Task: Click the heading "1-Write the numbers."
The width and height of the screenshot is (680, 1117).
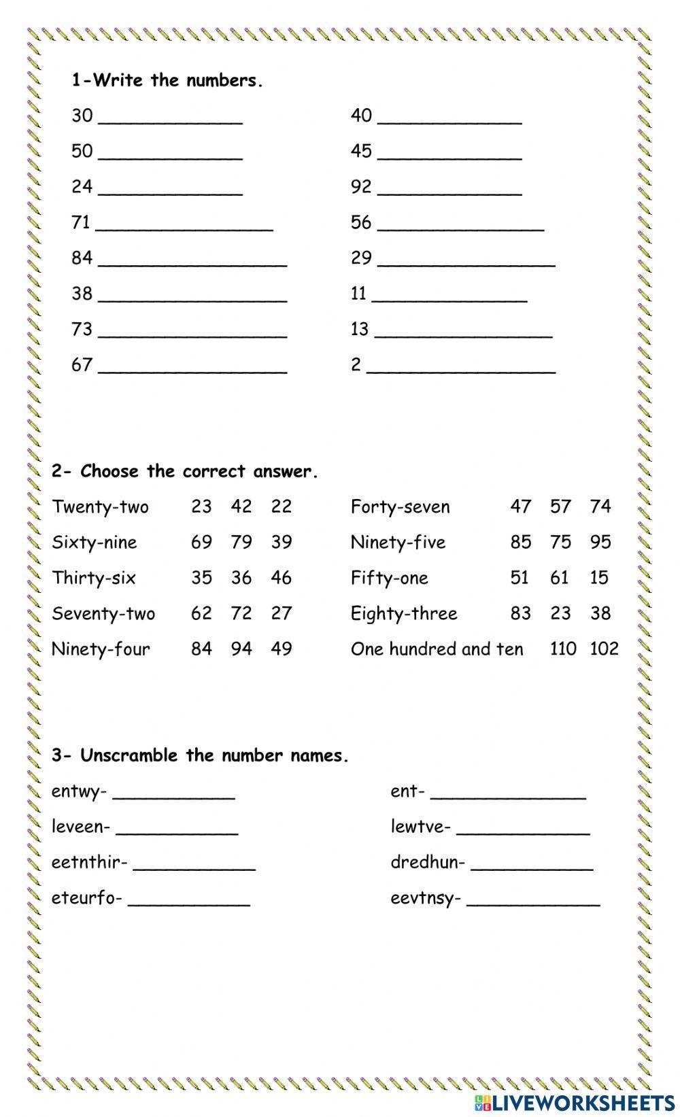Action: (x=167, y=81)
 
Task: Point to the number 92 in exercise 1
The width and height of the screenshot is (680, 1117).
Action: (x=361, y=186)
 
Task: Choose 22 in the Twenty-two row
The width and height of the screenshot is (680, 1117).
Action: (x=281, y=506)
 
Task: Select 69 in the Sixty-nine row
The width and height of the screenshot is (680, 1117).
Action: (x=201, y=542)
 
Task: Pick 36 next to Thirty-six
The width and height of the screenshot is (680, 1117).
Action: (x=241, y=578)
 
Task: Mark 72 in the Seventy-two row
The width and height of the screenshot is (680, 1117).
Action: (x=241, y=613)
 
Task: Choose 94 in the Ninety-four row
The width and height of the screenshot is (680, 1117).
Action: (x=241, y=649)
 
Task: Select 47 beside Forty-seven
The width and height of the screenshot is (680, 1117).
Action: (x=520, y=506)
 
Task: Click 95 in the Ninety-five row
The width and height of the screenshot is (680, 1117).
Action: (x=600, y=542)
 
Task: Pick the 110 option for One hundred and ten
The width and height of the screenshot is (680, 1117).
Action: (x=563, y=649)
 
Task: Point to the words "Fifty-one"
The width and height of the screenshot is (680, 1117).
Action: (x=389, y=578)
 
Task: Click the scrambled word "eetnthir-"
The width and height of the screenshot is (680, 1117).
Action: (x=89, y=862)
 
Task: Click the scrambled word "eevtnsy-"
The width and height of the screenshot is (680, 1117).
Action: (x=425, y=898)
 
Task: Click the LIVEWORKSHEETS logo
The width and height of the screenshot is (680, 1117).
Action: (x=574, y=1102)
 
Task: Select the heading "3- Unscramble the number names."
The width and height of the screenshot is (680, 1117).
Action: (x=200, y=755)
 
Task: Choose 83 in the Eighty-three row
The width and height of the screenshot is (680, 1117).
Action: (x=520, y=613)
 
